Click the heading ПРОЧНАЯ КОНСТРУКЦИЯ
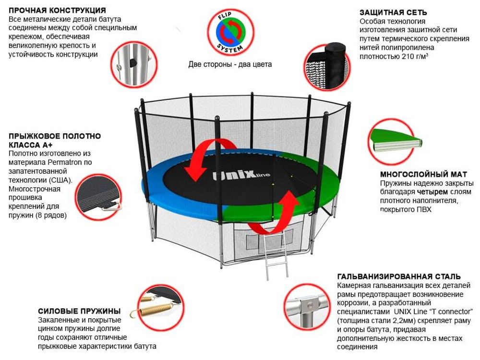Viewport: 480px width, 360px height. (57, 10)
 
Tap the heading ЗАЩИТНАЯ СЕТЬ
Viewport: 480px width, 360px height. (393, 12)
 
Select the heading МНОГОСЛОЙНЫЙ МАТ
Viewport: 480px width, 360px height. (423, 174)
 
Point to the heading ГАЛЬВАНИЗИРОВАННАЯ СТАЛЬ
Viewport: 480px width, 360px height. (399, 276)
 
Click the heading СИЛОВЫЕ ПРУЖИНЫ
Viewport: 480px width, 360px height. (79, 311)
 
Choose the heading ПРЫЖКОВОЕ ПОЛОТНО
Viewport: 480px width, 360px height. (55, 136)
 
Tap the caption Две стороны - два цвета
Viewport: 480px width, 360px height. (230, 64)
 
